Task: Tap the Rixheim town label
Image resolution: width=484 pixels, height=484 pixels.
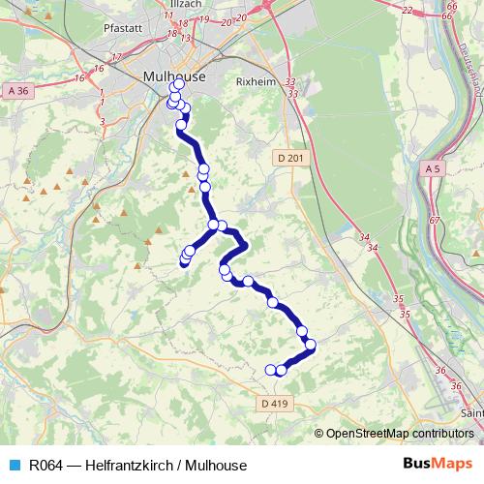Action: pyautogui.click(x=257, y=82)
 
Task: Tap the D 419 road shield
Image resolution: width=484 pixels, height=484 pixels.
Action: pyautogui.click(x=276, y=403)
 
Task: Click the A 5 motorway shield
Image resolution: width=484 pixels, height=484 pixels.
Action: pyautogui.click(x=433, y=169)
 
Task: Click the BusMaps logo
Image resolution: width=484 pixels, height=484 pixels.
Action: pyautogui.click(x=444, y=465)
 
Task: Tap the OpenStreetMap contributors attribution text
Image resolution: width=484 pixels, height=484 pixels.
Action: pyautogui.click(x=399, y=434)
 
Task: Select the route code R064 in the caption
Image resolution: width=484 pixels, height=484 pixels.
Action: pyautogui.click(x=47, y=466)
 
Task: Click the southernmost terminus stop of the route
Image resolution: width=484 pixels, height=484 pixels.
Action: pyautogui.click(x=270, y=369)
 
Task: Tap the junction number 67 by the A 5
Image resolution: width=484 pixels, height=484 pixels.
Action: pyautogui.click(x=434, y=221)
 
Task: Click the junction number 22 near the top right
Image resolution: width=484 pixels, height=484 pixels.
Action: pyautogui.click(x=407, y=10)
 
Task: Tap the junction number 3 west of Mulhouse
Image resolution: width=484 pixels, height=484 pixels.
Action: pyautogui.click(x=103, y=122)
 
